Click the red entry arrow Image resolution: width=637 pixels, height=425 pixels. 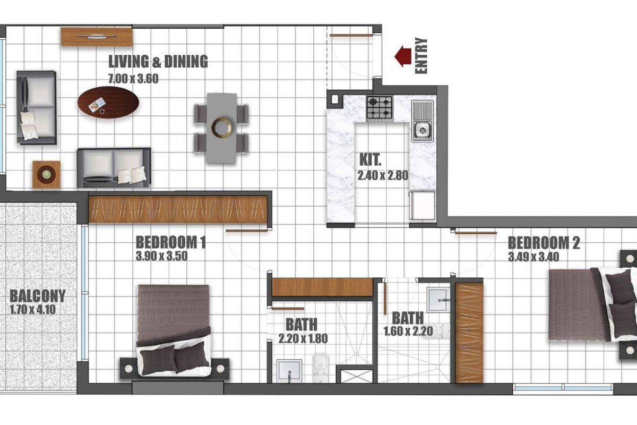tap(403, 56)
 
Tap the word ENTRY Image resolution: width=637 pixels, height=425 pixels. tap(421, 56)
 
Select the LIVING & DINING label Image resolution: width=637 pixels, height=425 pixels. tap(158, 62)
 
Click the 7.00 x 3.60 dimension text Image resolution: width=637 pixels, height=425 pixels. tap(133, 79)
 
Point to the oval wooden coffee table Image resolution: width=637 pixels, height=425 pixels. tap(108, 103)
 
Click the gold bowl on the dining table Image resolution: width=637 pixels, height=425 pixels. tap(222, 127)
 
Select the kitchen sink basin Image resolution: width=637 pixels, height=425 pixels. tap(423, 131)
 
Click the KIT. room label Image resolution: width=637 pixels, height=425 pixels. tap(371, 160)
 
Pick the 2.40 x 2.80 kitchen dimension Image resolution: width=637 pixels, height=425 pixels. tap(383, 175)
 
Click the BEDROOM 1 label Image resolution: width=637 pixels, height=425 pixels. tap(170, 242)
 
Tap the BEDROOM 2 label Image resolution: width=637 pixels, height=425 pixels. tap(544, 243)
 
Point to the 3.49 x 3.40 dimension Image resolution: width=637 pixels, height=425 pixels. tap(533, 257)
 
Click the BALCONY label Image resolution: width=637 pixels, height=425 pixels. tap(38, 296)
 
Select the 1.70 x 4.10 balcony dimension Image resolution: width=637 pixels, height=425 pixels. tap(33, 309)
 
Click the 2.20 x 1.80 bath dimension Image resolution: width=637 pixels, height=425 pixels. tap(303, 338)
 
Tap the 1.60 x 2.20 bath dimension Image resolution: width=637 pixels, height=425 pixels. tap(408, 331)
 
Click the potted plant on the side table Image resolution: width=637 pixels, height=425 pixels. tap(46, 174)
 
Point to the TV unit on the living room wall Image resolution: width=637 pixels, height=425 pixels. tap(97, 36)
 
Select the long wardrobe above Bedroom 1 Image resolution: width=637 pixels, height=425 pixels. tap(178, 209)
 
